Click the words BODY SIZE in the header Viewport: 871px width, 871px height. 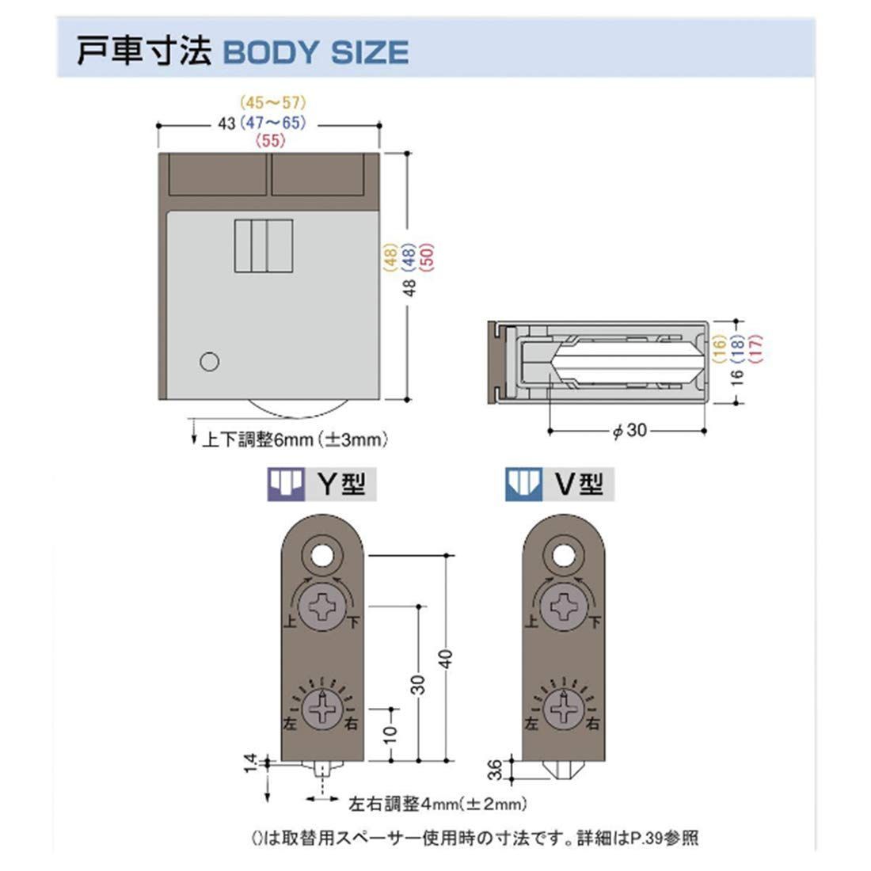(x=315, y=52)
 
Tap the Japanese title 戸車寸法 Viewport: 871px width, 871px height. (x=143, y=51)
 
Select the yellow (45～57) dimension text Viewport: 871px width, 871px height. (x=273, y=103)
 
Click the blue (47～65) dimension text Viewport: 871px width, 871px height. (x=273, y=123)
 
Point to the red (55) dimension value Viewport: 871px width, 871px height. (x=271, y=141)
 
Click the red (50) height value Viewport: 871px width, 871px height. (x=427, y=258)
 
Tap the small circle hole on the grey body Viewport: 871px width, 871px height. (x=209, y=362)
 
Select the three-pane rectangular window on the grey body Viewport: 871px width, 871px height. (x=264, y=245)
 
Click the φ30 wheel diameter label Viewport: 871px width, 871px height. (x=630, y=430)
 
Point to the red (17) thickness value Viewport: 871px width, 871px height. (x=756, y=349)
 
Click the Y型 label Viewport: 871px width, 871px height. (x=341, y=484)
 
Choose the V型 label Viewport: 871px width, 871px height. (x=579, y=484)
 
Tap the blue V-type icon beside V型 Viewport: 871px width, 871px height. (x=523, y=484)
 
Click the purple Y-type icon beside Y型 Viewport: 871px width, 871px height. (x=286, y=484)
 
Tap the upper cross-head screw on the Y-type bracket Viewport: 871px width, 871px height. (x=322, y=607)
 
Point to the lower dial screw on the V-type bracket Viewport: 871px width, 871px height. (x=563, y=709)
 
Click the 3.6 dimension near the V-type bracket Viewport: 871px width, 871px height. (x=494, y=770)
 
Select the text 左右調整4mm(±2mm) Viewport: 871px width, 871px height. (x=438, y=803)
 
